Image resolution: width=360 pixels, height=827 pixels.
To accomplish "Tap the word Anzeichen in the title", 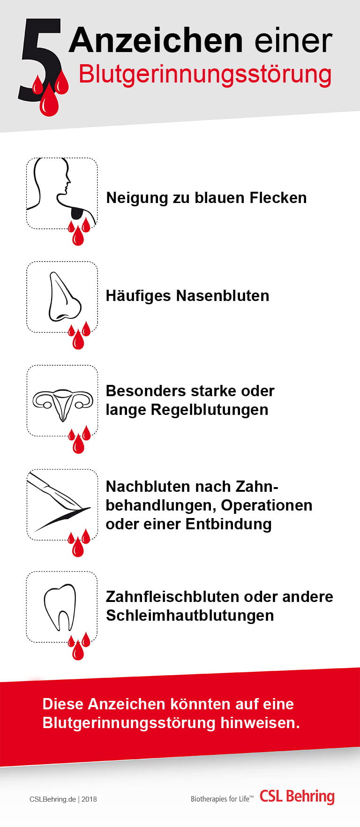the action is pos(156,40).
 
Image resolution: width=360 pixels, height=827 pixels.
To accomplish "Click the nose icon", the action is pos(65,298).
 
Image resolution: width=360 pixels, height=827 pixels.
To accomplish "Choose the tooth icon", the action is pos(60,607).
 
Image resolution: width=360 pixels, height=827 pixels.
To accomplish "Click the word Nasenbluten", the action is pos(223,296).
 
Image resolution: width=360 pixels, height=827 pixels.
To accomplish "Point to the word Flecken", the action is pos(278,198).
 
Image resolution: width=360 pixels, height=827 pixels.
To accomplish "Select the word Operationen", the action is pos(267,505).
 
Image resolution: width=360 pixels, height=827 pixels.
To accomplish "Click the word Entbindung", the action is pos(229,524).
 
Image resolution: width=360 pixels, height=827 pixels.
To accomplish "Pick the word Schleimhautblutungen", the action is pos(190,616).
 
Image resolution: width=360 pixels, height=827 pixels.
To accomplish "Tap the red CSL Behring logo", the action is pos(297,797).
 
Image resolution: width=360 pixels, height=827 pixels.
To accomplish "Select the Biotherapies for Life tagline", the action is pos(222,799).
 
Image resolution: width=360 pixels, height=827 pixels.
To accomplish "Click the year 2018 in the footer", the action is pos(89,799).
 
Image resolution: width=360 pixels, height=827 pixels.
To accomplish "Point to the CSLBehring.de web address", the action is pos(52,799).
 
